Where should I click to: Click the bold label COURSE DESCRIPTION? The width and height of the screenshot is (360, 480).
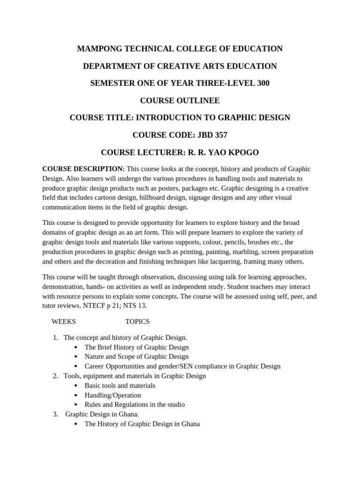point(83,169)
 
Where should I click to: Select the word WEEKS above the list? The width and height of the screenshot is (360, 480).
point(63,322)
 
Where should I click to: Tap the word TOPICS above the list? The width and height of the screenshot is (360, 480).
point(137,322)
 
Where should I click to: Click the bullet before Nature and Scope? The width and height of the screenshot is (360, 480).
point(76,357)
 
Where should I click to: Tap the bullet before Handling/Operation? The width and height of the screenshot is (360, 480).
point(76,395)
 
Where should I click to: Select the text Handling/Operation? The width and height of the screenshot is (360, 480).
point(112,395)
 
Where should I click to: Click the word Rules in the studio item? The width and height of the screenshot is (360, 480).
point(93,405)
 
